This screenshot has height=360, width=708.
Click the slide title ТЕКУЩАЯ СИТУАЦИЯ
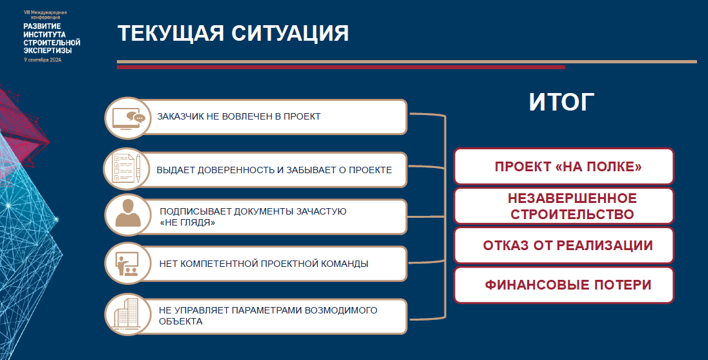pyautogui.click(x=233, y=34)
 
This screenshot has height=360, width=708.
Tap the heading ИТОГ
pyautogui.click(x=561, y=102)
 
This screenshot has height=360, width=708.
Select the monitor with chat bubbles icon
pyautogui.click(x=128, y=118)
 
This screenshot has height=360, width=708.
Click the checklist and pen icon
pyautogui.click(x=127, y=170)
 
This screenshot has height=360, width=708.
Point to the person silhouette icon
pyautogui.click(x=128, y=213)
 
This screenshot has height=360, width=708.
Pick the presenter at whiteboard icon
pyautogui.click(x=127, y=264)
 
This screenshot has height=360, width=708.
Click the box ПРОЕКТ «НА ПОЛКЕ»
pyautogui.click(x=563, y=166)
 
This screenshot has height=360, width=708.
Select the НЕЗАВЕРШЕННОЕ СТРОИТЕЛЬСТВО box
pyautogui.click(x=563, y=206)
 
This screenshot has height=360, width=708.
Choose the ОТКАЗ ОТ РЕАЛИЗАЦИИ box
pyautogui.click(x=563, y=245)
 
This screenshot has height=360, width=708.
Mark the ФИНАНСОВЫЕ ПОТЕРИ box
pyautogui.click(x=563, y=285)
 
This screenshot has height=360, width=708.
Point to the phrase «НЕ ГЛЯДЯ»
pyautogui.click(x=187, y=223)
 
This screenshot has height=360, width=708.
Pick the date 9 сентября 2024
pyautogui.click(x=43, y=60)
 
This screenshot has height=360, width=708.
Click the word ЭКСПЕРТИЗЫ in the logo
pyautogui.click(x=48, y=50)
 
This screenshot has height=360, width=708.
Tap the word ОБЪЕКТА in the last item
pyautogui.click(x=181, y=322)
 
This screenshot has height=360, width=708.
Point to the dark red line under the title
pyautogui.click(x=341, y=67)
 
